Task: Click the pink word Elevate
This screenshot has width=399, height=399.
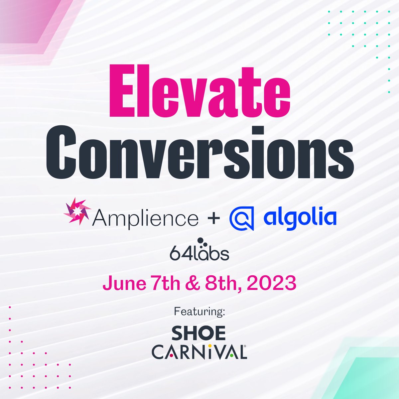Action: coord(199,90)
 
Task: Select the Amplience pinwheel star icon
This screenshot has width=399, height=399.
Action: coord(77,211)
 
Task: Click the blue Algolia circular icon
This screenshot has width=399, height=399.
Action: coord(242,218)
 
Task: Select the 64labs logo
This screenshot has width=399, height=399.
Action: coord(199,252)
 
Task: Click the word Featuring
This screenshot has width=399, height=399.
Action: coord(199,312)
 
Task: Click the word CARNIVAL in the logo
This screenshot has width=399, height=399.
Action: coord(199,352)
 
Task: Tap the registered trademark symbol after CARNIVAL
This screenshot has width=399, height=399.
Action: coord(245,346)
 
